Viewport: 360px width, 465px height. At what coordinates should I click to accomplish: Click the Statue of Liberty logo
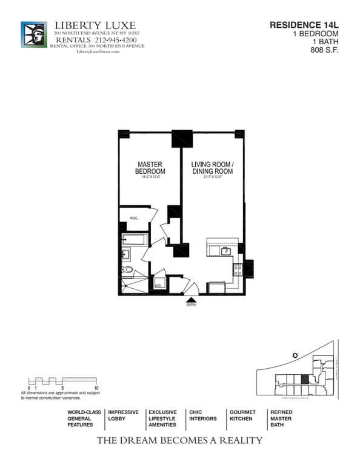pyautogui.click(x=33, y=35)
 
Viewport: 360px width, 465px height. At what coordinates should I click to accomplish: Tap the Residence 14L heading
pyautogui.click(x=304, y=25)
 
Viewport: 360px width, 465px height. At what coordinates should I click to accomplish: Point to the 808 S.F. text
pyautogui.click(x=324, y=50)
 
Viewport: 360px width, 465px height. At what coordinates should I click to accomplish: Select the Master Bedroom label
pyautogui.click(x=150, y=168)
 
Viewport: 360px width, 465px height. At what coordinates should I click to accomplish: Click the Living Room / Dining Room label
pyautogui.click(x=212, y=168)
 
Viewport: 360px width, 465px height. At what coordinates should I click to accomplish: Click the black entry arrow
pyautogui.click(x=192, y=299)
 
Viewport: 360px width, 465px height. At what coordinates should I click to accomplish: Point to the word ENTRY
pyautogui.click(x=192, y=306)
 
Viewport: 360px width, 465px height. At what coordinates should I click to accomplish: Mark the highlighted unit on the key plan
pyautogui.click(x=305, y=380)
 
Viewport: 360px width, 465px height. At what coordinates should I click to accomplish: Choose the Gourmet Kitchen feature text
pyautogui.click(x=242, y=415)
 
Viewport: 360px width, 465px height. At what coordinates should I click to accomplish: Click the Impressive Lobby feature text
pyautogui.click(x=123, y=415)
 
